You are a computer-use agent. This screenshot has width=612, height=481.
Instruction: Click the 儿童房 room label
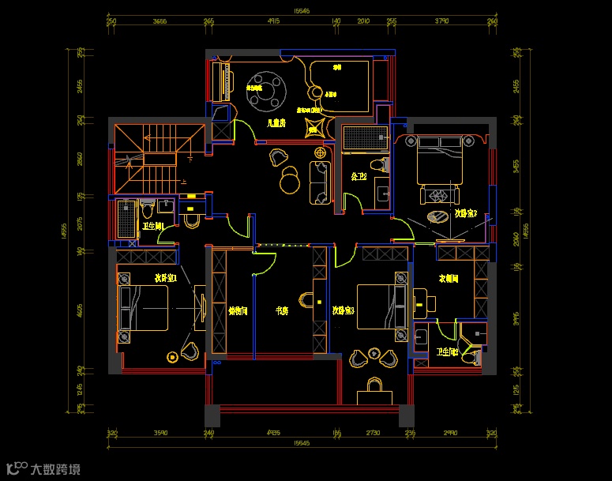pyautogui.click(x=276, y=123)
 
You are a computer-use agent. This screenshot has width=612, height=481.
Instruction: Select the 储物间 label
pyautogui.click(x=238, y=311)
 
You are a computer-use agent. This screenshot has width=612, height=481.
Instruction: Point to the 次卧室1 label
pyautogui.click(x=164, y=278)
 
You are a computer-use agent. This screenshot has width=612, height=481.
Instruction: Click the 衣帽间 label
pyautogui.click(x=449, y=279)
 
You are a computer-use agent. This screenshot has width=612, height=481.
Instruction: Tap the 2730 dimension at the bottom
pyautogui.click(x=373, y=433)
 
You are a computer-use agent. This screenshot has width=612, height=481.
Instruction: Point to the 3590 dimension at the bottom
pyautogui.click(x=160, y=433)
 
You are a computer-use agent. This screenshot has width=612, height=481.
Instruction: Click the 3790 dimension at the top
pyautogui.click(x=441, y=21)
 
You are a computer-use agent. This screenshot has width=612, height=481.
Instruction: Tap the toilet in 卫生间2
pyautogui.click(x=472, y=358)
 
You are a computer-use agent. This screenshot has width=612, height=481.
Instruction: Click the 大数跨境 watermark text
pyautogui.click(x=55, y=469)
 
